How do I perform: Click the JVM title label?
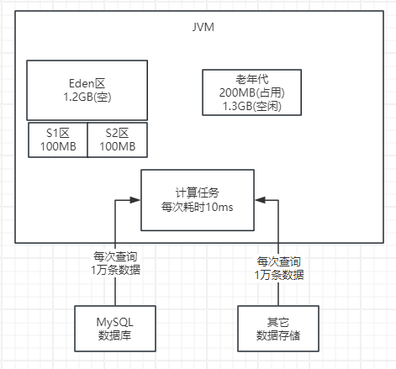point(203,28)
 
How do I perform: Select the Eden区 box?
point(87,91)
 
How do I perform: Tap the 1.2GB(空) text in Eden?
point(87,98)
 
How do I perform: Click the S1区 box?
point(56,140)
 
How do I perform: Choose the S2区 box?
point(117,140)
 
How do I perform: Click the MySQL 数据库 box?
point(115,327)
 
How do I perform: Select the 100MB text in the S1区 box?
point(56,146)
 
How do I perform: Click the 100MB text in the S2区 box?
point(117,146)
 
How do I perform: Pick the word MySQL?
point(115,320)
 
